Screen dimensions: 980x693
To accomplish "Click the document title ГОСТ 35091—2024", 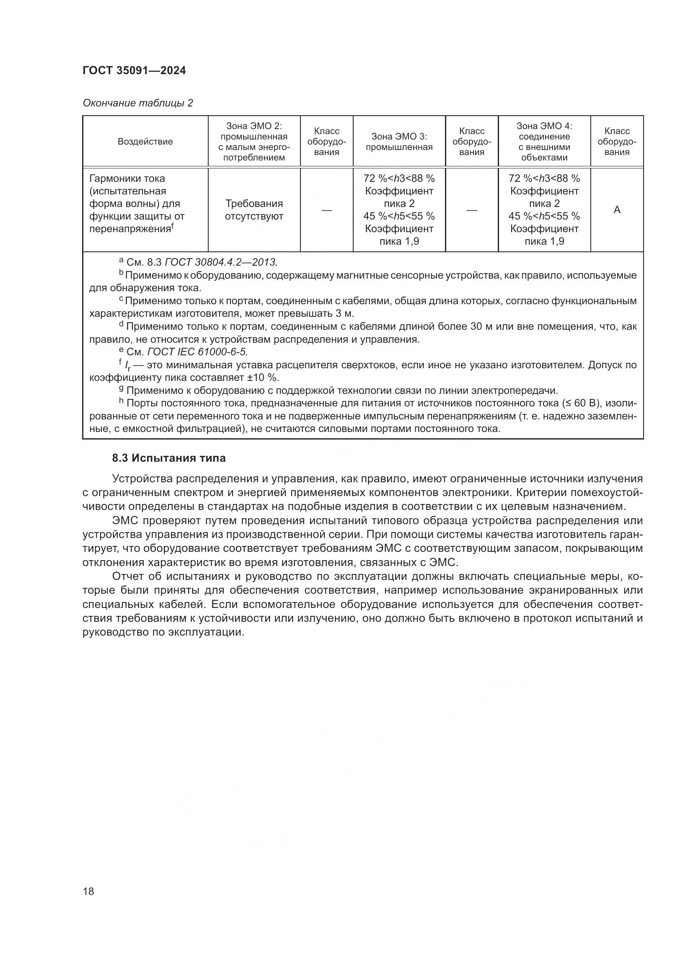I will [x=134, y=71].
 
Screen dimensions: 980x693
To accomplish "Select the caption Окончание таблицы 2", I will [x=137, y=103].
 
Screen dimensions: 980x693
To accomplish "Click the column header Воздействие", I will [x=145, y=142].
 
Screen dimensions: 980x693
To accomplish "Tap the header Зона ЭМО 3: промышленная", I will [x=399, y=142].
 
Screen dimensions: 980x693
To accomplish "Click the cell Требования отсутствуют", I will [x=254, y=209].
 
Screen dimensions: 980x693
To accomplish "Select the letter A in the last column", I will [x=617, y=209].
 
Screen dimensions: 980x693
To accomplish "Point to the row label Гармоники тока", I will [x=127, y=178].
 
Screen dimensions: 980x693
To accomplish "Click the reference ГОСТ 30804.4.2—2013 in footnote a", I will [x=221, y=262].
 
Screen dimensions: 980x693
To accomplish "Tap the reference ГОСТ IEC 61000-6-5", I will [x=198, y=352].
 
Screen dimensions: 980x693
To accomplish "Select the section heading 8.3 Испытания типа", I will [x=169, y=458].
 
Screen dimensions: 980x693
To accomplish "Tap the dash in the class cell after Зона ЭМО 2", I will [x=326, y=209].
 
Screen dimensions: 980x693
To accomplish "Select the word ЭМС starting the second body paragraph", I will [x=125, y=521].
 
